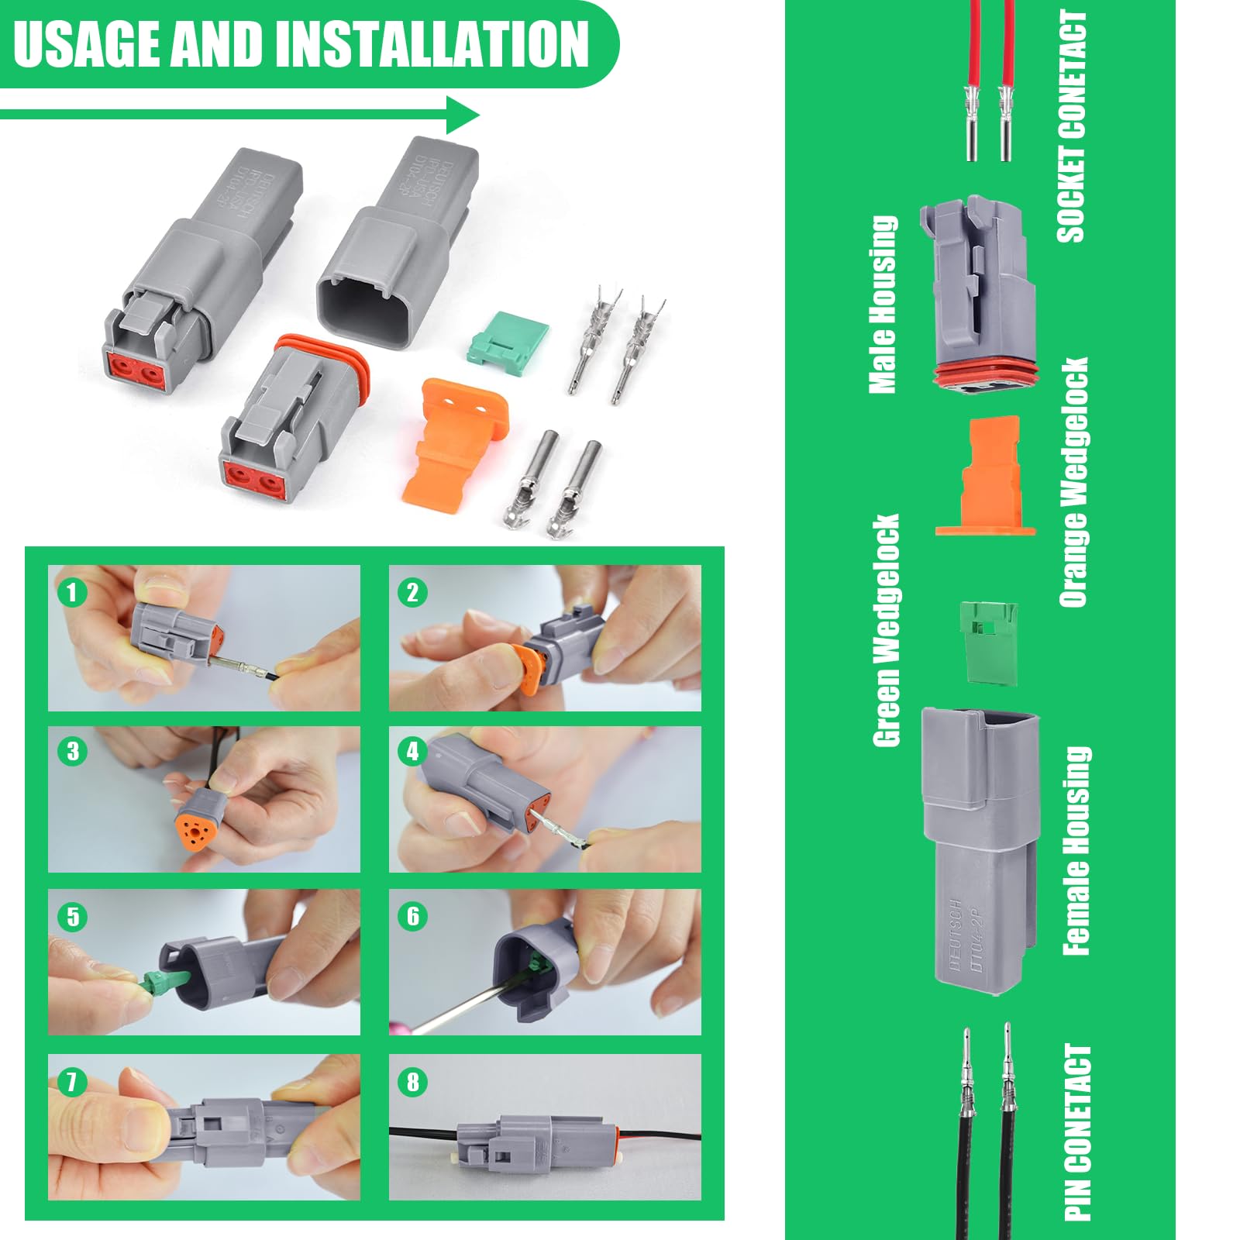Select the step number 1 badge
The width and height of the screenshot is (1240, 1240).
point(71,593)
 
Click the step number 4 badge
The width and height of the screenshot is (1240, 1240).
point(412,751)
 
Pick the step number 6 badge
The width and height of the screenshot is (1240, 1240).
point(412,916)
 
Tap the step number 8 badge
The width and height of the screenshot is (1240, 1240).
point(412,1081)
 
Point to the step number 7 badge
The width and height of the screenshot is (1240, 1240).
point(71,1081)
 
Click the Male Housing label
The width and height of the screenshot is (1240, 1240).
point(883,304)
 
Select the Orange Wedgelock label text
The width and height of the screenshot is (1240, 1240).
point(1073,481)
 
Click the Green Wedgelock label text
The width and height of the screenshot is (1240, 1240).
point(886,629)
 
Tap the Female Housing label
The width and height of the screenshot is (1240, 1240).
point(1076,850)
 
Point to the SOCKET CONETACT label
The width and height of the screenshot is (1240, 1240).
point(1071,126)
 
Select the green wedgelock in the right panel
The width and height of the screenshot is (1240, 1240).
point(989,642)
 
